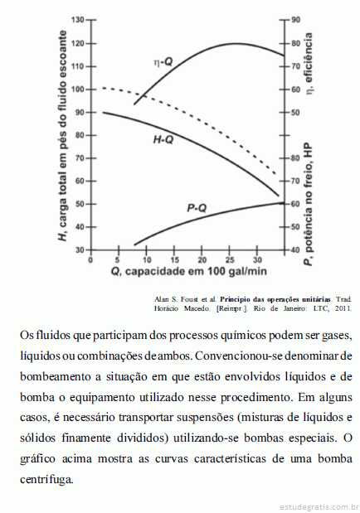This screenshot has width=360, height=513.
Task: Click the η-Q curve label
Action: point(163,62)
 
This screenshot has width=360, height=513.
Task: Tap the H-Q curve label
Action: point(163,140)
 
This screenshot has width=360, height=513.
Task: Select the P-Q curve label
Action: point(197,208)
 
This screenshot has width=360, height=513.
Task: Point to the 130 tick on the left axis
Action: point(77,20)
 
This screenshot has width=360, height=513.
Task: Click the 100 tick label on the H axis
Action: point(77,90)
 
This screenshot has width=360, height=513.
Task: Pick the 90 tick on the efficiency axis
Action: point(295,20)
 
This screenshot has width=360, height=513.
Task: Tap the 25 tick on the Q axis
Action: point(230,260)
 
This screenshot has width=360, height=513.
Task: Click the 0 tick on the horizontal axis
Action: point(90,260)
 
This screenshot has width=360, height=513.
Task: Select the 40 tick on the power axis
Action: point(295,250)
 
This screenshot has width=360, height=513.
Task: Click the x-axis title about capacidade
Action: point(188,271)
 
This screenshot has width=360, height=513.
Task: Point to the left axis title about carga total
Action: point(62,136)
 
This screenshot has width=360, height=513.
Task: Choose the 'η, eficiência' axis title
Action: point(309,64)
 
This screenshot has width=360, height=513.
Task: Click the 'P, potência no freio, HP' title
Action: point(309,205)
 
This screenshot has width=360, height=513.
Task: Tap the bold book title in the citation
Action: point(275,299)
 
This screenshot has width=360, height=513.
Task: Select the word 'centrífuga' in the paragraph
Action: point(46,480)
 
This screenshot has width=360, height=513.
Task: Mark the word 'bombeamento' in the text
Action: point(55,376)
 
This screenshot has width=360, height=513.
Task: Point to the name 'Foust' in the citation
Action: point(189,299)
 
